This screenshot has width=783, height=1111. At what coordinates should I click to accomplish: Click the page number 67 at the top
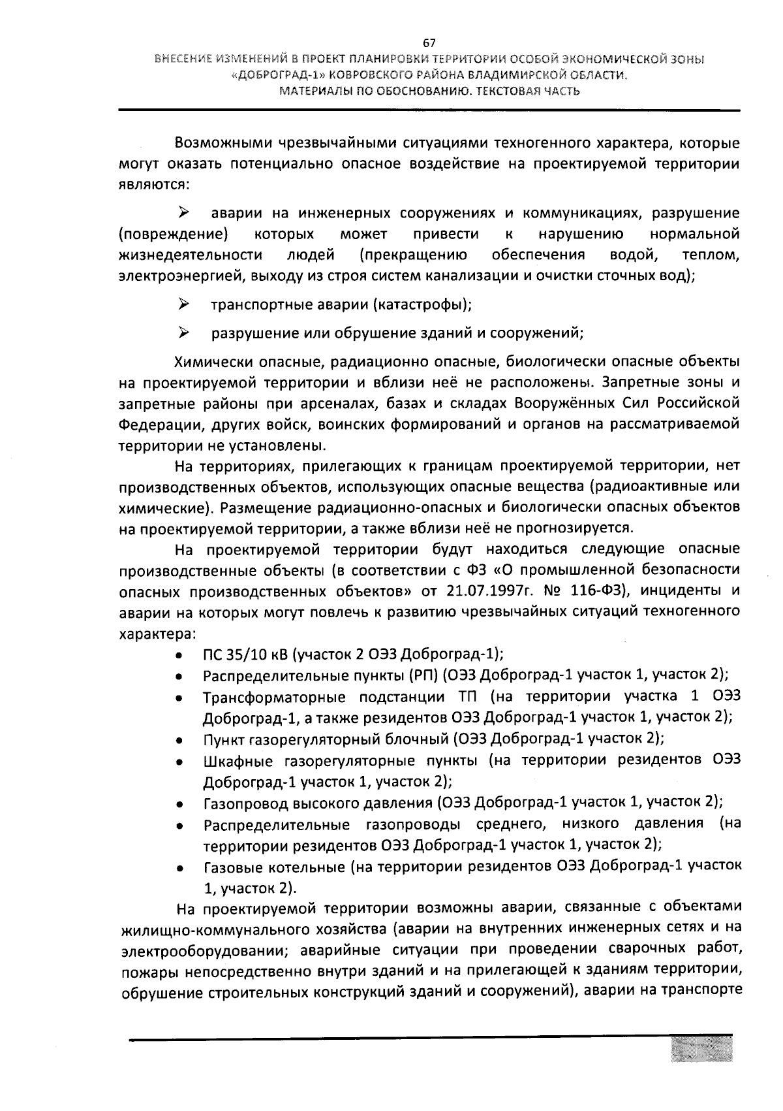tap(429, 44)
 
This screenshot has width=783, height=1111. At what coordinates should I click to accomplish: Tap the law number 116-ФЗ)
tap(600, 591)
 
